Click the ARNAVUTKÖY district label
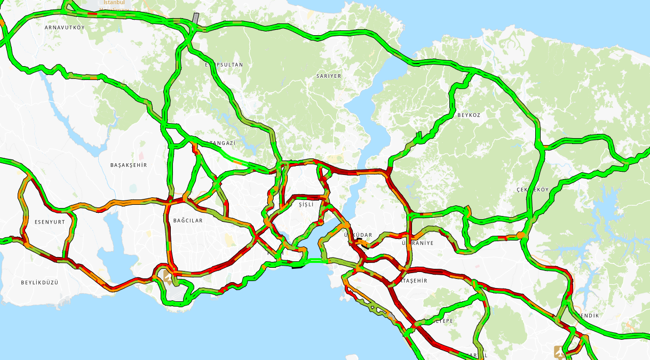pos(65,27)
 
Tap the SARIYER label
pos(328,76)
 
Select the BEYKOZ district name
pos(469,115)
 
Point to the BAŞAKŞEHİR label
pos(128,165)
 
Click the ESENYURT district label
pos(49,221)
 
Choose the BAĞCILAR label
pos(188,220)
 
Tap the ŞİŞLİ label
pos(306,205)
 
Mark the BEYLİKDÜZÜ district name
pos(39,282)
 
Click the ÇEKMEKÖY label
pos(533,190)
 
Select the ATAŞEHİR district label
pos(413,281)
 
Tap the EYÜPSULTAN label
pos(224,65)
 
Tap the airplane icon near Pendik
pos(559,352)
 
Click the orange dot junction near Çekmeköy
pos(520,235)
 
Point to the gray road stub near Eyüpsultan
pos(196,18)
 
